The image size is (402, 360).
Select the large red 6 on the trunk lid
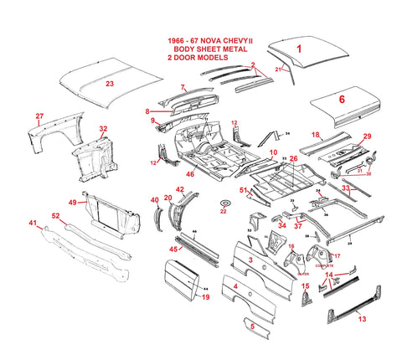click(x=341, y=98)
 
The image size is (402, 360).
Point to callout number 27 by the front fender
click(x=39, y=116)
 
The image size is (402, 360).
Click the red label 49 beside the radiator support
click(x=72, y=203)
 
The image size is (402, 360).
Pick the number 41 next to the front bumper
click(x=33, y=223)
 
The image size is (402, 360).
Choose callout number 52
click(x=55, y=216)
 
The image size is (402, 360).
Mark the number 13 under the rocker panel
click(x=361, y=318)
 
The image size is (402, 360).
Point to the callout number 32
click(x=103, y=129)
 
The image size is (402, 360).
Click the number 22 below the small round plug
click(x=224, y=212)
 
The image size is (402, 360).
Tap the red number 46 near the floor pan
click(x=190, y=174)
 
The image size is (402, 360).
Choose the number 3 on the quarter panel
click(x=250, y=261)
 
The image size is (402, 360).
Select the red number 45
click(x=174, y=248)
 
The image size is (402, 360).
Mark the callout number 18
click(x=316, y=135)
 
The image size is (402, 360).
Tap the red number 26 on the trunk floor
click(x=293, y=157)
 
